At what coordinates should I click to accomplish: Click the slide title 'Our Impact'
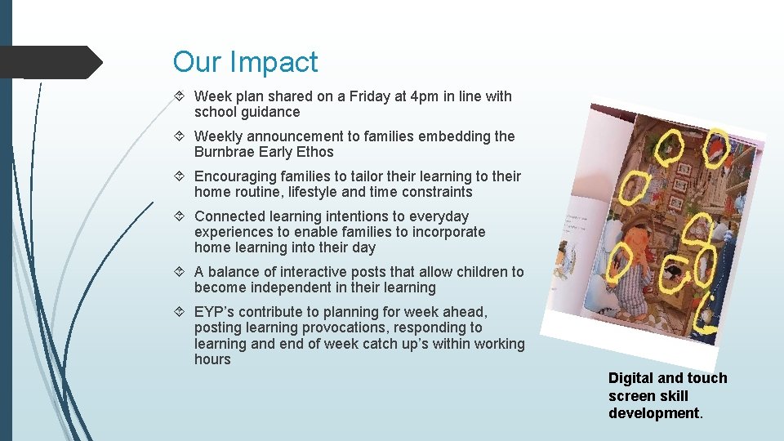tap(245, 62)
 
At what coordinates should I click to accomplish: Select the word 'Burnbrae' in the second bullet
tap(224, 152)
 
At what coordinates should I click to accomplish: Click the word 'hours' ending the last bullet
tap(212, 359)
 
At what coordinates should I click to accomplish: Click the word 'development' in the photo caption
tap(653, 413)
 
